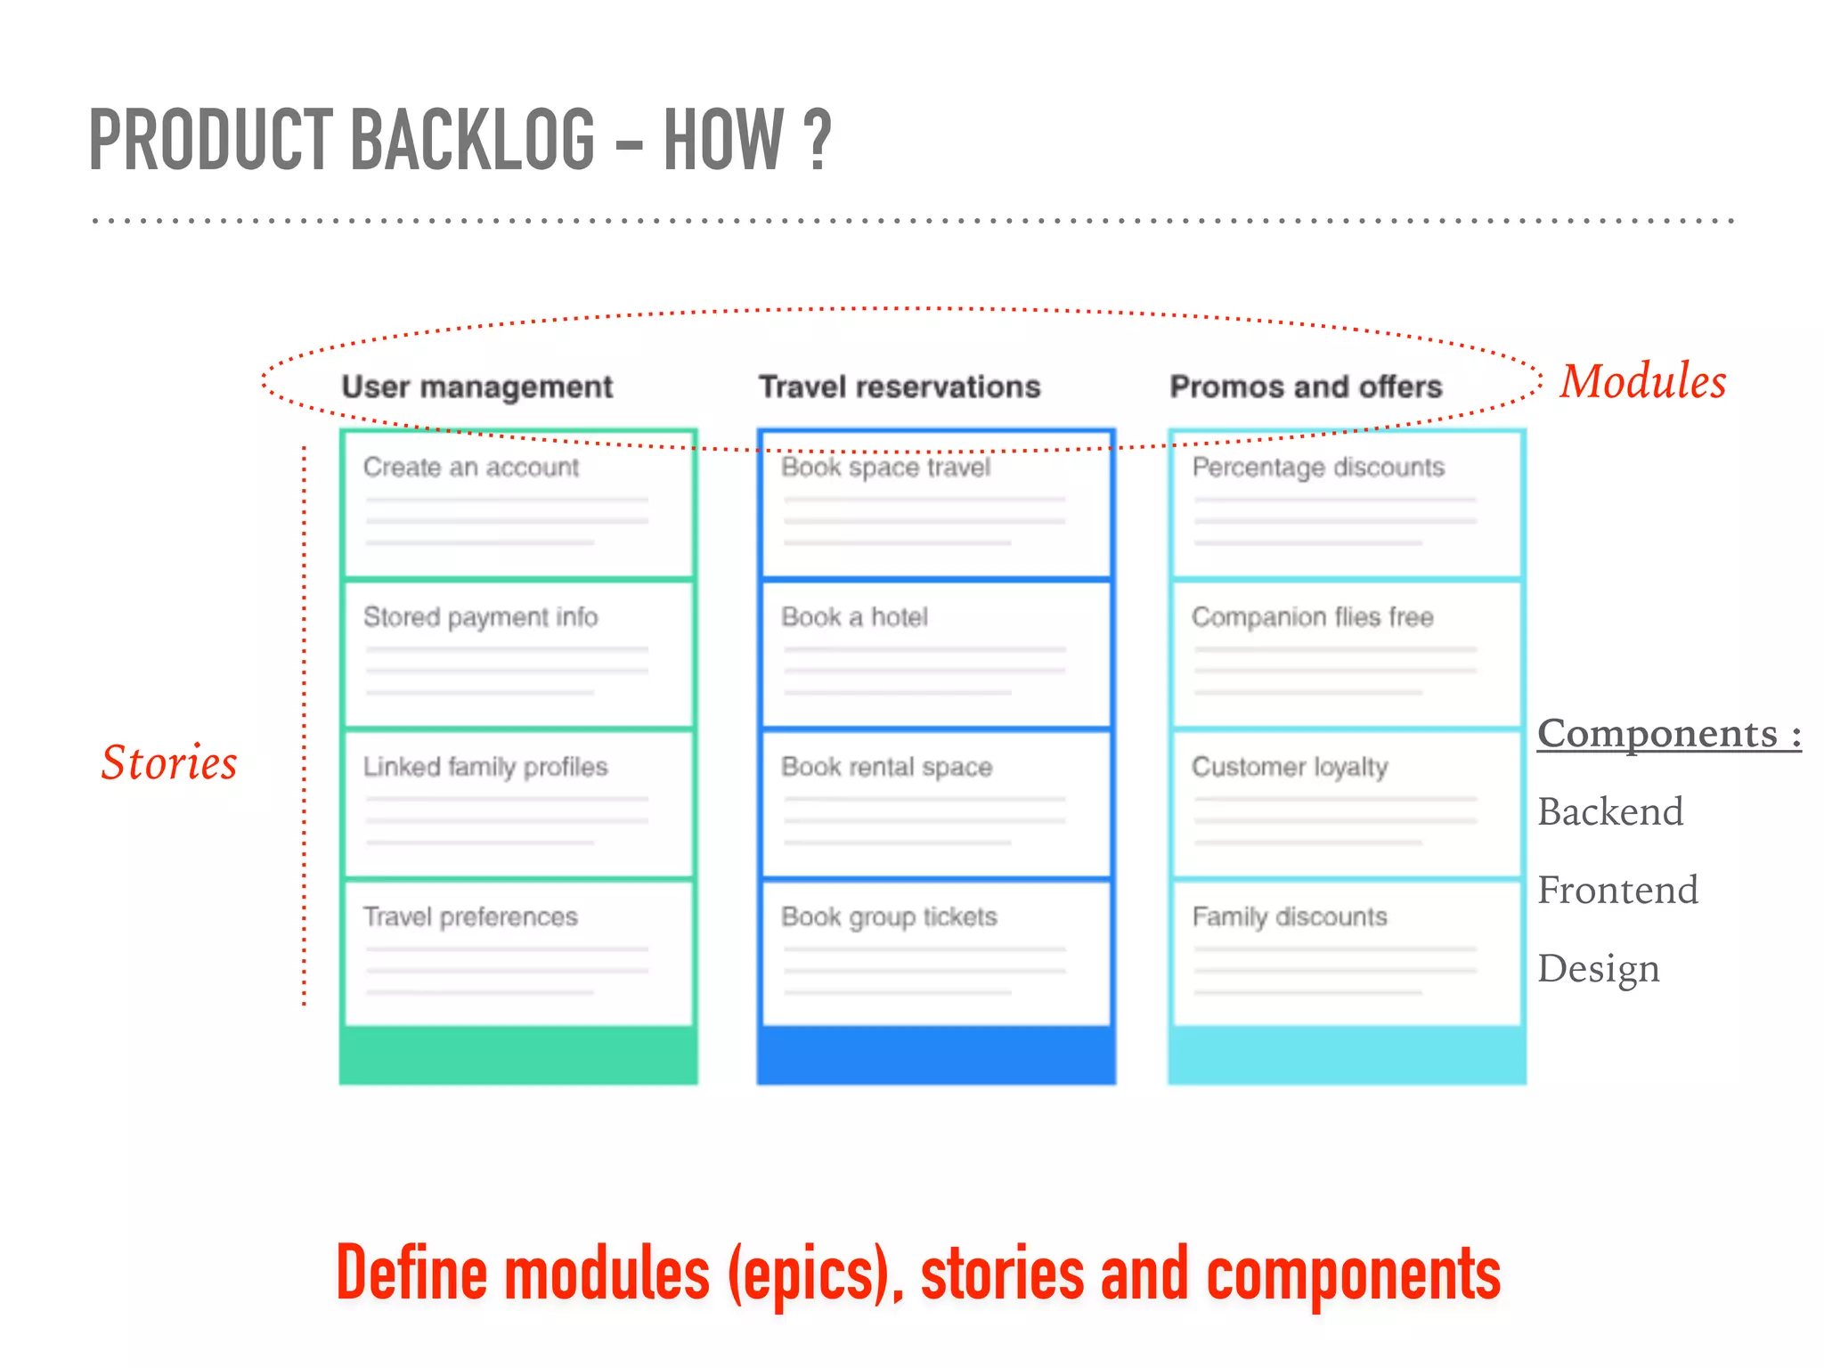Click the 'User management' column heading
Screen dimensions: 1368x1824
pyautogui.click(x=476, y=387)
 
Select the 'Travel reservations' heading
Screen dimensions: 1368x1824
pyautogui.click(x=899, y=387)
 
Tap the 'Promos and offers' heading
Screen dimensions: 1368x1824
pyautogui.click(x=1305, y=387)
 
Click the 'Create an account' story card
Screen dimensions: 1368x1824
pyautogui.click(x=517, y=504)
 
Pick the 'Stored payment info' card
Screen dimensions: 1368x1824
pyautogui.click(x=517, y=655)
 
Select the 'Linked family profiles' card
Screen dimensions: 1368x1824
pyautogui.click(x=517, y=804)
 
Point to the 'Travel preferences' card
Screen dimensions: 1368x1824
pyautogui.click(x=517, y=953)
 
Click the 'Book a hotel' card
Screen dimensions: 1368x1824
pyautogui.click(x=935, y=655)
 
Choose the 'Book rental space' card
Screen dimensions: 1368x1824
pyautogui.click(x=935, y=804)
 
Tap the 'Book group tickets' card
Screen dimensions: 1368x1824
pyautogui.click(x=935, y=953)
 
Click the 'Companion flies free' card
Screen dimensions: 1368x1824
pyautogui.click(x=1346, y=655)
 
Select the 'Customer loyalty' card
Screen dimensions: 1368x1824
pyautogui.click(x=1346, y=804)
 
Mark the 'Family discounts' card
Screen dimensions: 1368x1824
pyautogui.click(x=1346, y=953)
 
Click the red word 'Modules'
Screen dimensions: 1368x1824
pyautogui.click(x=1642, y=381)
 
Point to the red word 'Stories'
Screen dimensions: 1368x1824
pyautogui.click(x=169, y=763)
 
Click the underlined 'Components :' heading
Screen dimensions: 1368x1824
pyautogui.click(x=1668, y=734)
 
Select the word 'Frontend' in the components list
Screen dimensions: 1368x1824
pyautogui.click(x=1617, y=890)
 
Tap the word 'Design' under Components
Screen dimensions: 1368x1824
pyautogui.click(x=1598, y=968)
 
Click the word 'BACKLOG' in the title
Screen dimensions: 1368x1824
pyautogui.click(x=472, y=140)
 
